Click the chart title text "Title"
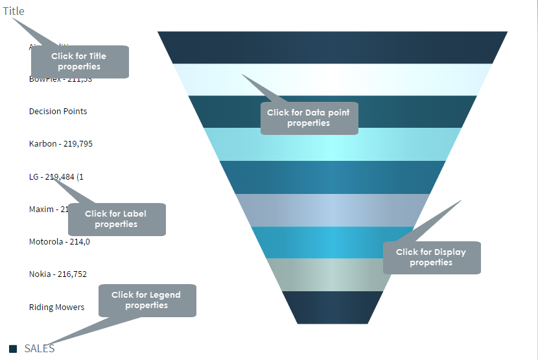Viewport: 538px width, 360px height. click(x=14, y=11)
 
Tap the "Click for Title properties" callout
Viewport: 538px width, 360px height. click(x=80, y=62)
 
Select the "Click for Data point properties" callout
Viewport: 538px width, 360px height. click(x=309, y=118)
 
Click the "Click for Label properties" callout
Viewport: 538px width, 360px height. click(x=117, y=219)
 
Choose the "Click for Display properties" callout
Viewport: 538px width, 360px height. click(x=432, y=258)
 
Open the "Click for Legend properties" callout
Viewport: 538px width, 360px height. click(x=147, y=300)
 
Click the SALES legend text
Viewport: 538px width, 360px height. click(x=40, y=348)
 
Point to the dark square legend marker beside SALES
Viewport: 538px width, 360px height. click(x=13, y=349)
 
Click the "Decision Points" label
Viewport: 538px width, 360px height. click(x=58, y=112)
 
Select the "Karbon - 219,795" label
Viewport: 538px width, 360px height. click(x=61, y=144)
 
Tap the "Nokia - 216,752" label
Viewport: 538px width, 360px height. click(x=58, y=274)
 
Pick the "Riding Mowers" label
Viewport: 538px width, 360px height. click(x=57, y=307)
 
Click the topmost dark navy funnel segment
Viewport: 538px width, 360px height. click(x=332, y=47)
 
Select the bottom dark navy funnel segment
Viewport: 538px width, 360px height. click(x=332, y=307)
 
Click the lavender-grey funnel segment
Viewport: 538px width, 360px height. click(x=332, y=210)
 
